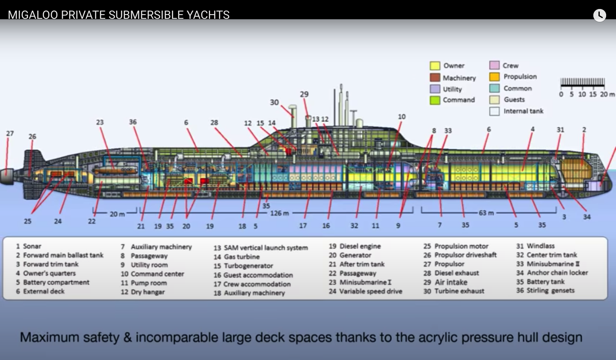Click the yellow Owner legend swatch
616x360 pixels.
pyautogui.click(x=435, y=66)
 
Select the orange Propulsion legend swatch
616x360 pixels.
pyautogui.click(x=494, y=77)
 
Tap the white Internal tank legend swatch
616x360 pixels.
pyautogui.click(x=494, y=111)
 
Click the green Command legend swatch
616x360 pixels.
pyautogui.click(x=435, y=100)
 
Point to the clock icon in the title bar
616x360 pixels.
pyautogui.click(x=599, y=15)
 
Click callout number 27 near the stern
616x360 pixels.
pyautogui.click(x=10, y=134)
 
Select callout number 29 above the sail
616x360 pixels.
pyautogui.click(x=304, y=95)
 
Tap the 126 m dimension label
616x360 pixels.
pyautogui.click(x=279, y=213)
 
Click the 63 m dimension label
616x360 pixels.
pyautogui.click(x=486, y=213)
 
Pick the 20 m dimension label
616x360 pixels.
pyautogui.click(x=117, y=214)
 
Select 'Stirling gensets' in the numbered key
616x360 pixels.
pyautogui.click(x=550, y=291)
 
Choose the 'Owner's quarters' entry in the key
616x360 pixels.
pyautogui.click(x=49, y=273)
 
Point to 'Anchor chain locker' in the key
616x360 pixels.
pyautogui.click(x=557, y=273)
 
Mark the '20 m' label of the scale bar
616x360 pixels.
pyautogui.click(x=607, y=95)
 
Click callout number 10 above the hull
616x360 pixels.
pyautogui.click(x=402, y=117)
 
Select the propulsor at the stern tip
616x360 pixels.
pyautogui.click(x=6, y=176)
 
